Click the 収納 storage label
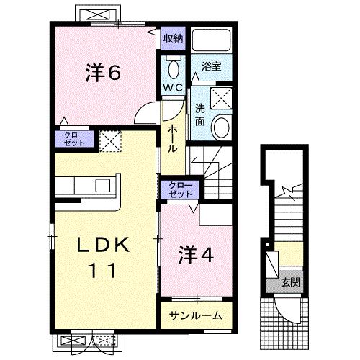[x=173, y=38]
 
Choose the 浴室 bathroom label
[x=211, y=66]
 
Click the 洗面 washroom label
[x=200, y=115]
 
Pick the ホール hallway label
[x=174, y=138]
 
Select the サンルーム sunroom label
[x=195, y=315]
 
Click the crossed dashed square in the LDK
[x=110, y=141]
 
